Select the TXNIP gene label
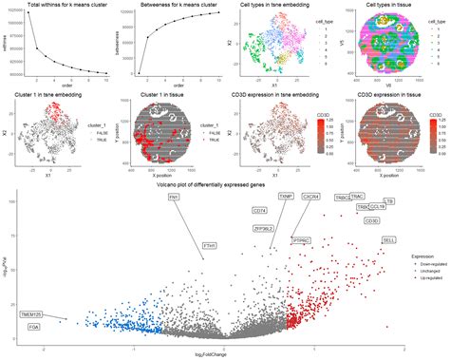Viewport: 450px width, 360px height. click(285, 197)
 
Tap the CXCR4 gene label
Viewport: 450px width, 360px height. click(310, 197)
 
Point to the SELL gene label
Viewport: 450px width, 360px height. click(388, 240)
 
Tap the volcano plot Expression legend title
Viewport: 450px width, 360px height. click(422, 256)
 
